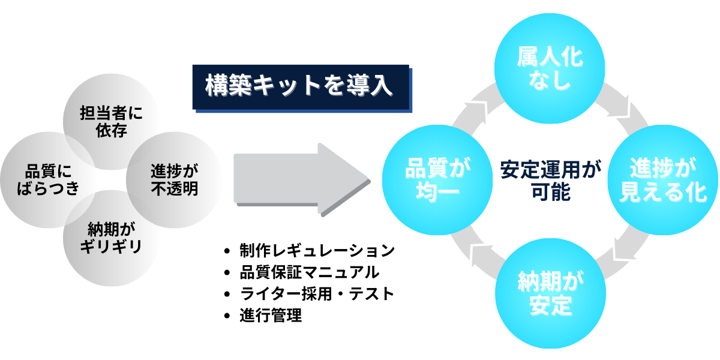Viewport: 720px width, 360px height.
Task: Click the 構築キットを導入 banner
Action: pyautogui.click(x=300, y=86)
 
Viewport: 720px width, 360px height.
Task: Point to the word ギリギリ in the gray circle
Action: pyautogui.click(x=112, y=247)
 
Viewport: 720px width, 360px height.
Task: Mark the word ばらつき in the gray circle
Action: pyautogui.click(x=49, y=188)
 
